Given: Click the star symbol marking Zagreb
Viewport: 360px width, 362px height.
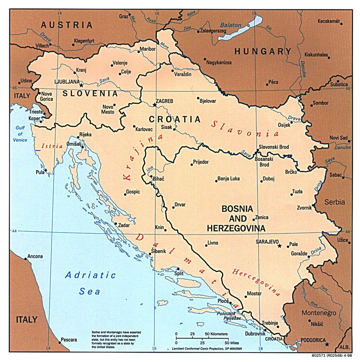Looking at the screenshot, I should coord(154,105).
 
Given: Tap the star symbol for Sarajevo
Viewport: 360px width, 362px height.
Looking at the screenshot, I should coord(279,246).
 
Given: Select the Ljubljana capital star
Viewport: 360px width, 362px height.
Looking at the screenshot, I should coord(81,85).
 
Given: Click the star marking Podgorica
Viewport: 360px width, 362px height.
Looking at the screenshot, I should coord(327,344).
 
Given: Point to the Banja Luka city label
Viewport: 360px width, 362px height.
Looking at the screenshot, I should coord(229,179).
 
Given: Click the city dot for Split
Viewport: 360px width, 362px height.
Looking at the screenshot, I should coord(178,269).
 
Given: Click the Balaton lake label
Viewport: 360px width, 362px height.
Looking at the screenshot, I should coord(230,25).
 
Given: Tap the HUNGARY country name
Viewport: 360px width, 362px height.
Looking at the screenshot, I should coord(263,51).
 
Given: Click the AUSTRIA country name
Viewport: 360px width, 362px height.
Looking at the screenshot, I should coord(66,25).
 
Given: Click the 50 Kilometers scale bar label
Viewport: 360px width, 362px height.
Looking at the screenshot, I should coord(216,334).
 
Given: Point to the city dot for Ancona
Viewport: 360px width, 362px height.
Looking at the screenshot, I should coord(25,258).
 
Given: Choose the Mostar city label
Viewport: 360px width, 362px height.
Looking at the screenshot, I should coord(254,294).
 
